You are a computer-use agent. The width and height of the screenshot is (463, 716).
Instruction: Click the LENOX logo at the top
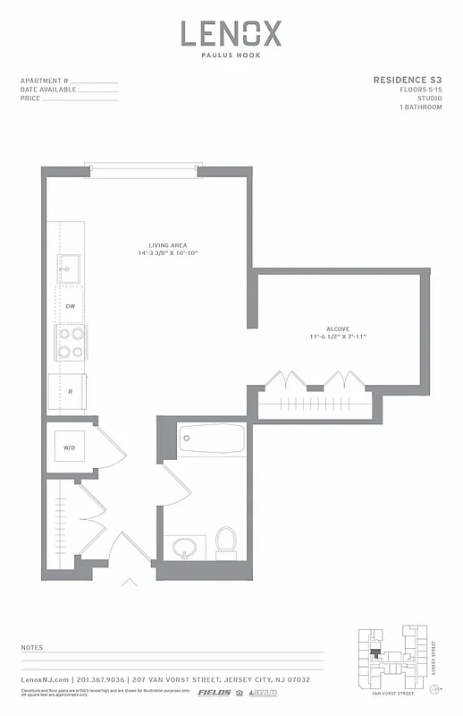[x=231, y=34]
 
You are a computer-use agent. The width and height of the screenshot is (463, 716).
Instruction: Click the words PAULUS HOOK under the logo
[x=231, y=55]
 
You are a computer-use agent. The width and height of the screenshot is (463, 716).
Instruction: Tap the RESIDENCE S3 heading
[x=407, y=81]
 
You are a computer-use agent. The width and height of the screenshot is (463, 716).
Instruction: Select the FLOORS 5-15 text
[x=420, y=89]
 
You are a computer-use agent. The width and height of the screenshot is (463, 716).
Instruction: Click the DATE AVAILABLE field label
[x=48, y=89]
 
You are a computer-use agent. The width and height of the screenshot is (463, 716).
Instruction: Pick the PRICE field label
[x=29, y=98]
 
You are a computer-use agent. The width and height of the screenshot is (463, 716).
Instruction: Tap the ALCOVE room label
[x=337, y=328]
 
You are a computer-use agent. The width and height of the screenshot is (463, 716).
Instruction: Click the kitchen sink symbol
[x=69, y=266]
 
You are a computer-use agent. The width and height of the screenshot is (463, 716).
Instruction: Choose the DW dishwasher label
[x=70, y=306]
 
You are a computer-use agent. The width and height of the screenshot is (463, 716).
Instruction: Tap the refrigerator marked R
[x=69, y=391]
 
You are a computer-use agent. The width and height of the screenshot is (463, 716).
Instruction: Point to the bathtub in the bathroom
[x=211, y=439]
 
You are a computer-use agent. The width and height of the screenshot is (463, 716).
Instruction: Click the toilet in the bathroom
[x=226, y=541]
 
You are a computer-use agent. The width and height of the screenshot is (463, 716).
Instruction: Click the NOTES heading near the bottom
[x=31, y=646]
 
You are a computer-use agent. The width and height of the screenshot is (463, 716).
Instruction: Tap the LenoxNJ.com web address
[x=44, y=680]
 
